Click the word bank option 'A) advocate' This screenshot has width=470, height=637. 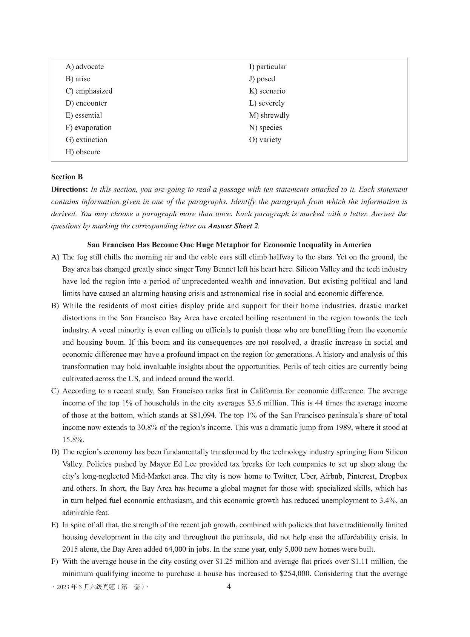[84, 67]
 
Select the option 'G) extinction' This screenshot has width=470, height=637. [86, 140]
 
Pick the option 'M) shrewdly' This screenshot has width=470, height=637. [269, 115]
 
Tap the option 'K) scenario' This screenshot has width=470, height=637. [267, 91]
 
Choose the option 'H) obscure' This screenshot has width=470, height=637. [83, 152]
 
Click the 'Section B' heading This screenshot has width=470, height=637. [67, 177]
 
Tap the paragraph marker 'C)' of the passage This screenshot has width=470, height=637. [55, 391]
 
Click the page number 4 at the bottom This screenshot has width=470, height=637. [228, 586]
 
